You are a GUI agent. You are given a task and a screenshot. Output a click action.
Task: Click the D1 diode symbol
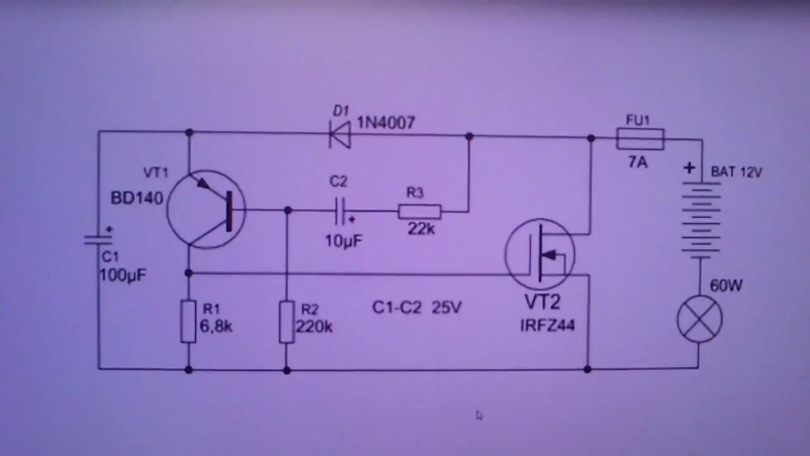coord(340,135)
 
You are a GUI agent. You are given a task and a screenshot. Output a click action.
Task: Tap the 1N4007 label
coord(386,123)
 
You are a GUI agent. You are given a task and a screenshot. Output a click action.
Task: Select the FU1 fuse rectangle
coord(640,139)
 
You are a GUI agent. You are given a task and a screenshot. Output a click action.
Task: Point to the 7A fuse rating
coord(638,163)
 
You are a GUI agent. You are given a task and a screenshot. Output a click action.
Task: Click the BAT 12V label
coord(736,172)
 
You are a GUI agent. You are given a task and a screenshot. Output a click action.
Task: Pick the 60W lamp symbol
coord(699,319)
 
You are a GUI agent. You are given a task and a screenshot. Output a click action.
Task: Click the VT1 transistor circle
coord(206,210)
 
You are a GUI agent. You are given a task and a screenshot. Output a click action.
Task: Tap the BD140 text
coord(137,198)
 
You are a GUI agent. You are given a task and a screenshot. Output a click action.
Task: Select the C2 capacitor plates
coord(340,211)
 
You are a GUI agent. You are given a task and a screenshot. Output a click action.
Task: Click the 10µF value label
coord(344,241)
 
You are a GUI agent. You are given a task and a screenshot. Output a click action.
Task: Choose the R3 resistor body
coord(420,212)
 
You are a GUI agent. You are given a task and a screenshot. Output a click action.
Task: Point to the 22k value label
coord(421,229)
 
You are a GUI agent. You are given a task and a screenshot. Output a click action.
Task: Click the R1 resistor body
coord(189,321)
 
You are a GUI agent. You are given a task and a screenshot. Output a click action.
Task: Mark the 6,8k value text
coord(216,327)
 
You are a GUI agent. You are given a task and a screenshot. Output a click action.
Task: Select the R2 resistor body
coord(287,321)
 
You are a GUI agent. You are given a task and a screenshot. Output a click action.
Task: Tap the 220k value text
coord(314,327)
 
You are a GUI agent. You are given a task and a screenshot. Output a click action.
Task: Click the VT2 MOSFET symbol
coord(540,254)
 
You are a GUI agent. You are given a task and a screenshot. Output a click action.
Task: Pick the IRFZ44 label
coord(547,326)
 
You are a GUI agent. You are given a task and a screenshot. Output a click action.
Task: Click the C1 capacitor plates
coord(98,239)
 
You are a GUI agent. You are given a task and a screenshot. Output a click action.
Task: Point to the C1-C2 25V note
coord(417,308)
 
